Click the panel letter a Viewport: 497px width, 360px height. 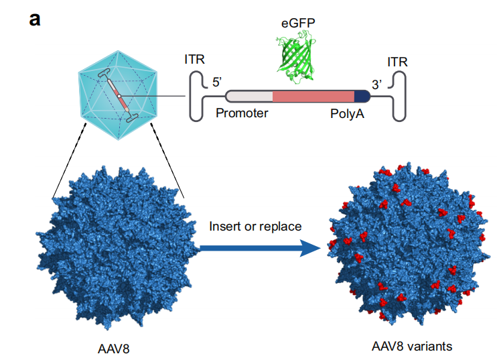[35, 18]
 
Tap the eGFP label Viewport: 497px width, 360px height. [298, 23]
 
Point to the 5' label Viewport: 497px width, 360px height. [218, 82]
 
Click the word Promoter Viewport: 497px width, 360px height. [241, 113]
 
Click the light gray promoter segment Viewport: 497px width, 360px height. [249, 97]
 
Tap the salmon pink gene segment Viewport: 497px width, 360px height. [313, 97]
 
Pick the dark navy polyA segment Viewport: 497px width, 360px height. [362, 97]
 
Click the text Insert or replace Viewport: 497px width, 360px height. [255, 226]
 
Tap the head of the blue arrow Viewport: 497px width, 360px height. [309, 249]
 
